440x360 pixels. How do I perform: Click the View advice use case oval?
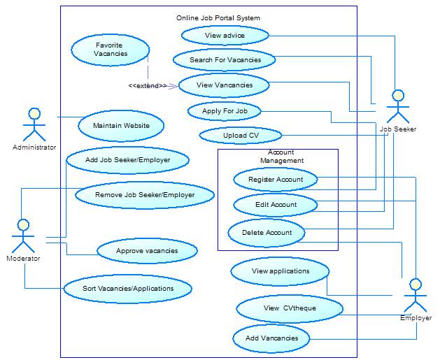tap(225, 35)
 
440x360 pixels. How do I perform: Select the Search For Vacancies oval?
tap(225, 60)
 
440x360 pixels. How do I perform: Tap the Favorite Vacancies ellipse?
tap(111, 50)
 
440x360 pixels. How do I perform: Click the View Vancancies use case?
tap(224, 85)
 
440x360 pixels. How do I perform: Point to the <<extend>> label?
tap(148, 86)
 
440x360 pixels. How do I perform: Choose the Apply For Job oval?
tap(225, 111)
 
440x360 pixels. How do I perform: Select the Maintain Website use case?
tap(122, 126)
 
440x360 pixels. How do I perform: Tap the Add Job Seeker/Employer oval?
tap(127, 160)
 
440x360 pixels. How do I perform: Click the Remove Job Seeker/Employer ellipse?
tap(144, 195)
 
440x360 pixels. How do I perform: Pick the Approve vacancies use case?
tap(147, 250)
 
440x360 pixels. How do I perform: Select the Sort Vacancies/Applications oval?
tap(128, 287)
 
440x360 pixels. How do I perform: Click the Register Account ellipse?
tap(275, 180)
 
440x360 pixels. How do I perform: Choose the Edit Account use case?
tap(275, 205)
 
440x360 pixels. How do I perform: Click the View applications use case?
tap(280, 271)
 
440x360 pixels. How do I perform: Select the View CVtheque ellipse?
tap(290, 308)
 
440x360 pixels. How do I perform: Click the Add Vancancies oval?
tap(271, 338)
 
